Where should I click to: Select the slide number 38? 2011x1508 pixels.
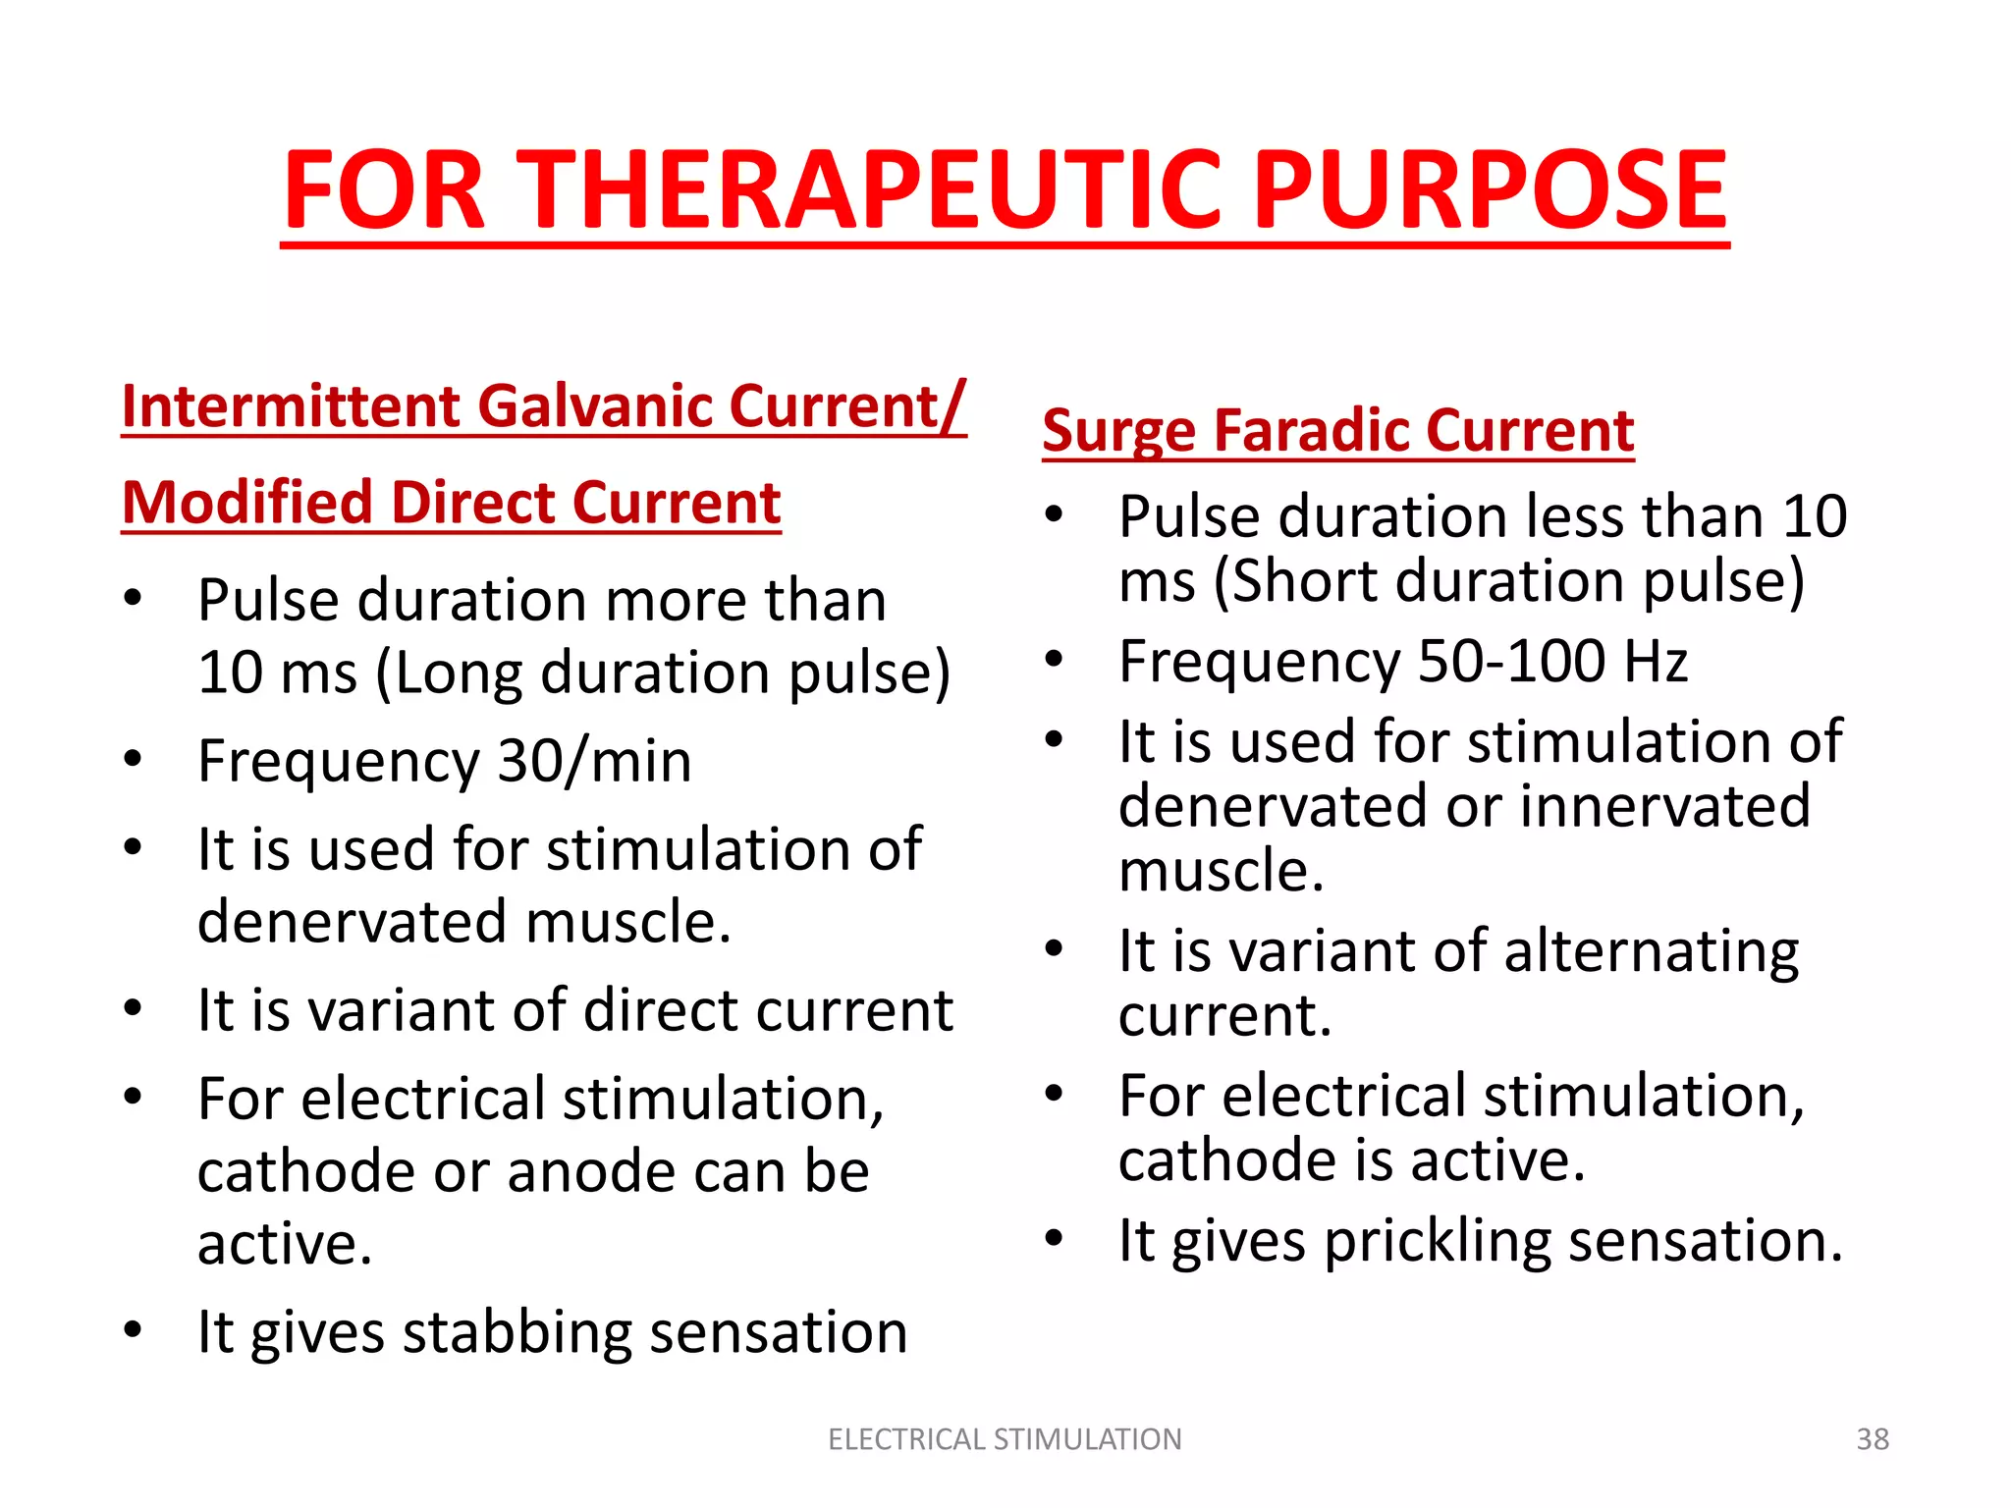coord(1872,1439)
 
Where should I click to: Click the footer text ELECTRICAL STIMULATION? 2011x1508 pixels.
coord(1005,1439)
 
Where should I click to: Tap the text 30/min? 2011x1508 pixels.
coord(594,761)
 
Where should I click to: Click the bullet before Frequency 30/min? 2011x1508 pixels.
coord(134,759)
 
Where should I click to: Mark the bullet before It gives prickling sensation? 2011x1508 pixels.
coord(1054,1238)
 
